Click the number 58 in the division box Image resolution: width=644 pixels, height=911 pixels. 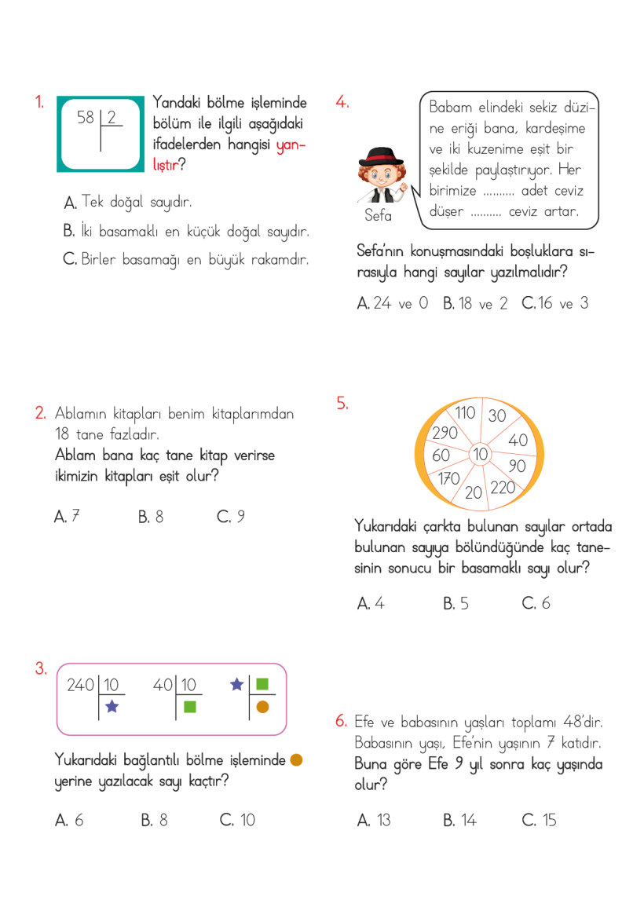(86, 118)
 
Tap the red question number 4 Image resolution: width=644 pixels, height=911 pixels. (342, 101)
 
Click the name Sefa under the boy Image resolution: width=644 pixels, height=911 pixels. (378, 215)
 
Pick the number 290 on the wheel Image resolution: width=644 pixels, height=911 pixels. (445, 433)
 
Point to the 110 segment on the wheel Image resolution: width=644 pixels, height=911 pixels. (465, 412)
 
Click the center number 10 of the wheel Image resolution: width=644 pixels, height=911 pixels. (480, 454)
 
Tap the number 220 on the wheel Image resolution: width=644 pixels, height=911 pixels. (503, 487)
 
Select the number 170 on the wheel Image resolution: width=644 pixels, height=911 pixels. (448, 478)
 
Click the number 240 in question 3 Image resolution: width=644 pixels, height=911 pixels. (80, 685)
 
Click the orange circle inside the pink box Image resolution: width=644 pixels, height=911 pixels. (263, 706)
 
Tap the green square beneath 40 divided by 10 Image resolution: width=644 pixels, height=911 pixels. (189, 706)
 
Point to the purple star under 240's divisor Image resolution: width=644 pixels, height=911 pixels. (112, 707)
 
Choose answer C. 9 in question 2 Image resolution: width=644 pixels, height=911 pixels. (231, 517)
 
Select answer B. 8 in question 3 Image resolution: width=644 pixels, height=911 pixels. (154, 820)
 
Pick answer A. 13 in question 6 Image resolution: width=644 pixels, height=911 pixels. (374, 820)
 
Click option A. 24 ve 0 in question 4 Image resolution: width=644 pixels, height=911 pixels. (393, 303)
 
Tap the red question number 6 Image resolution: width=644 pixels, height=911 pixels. (341, 720)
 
